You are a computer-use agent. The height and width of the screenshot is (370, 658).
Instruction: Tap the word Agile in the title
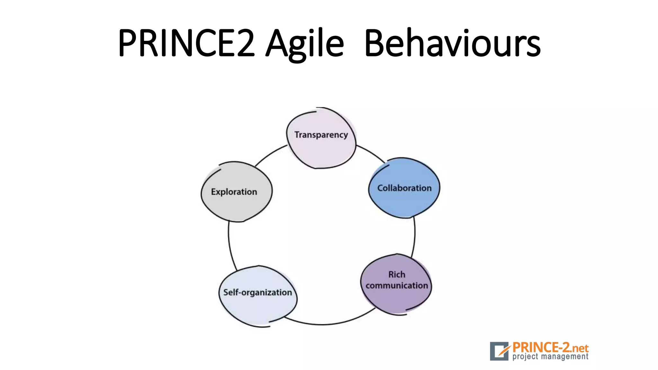click(305, 43)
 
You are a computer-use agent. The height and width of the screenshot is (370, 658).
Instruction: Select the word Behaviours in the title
click(452, 43)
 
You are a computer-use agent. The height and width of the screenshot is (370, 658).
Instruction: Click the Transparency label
click(321, 135)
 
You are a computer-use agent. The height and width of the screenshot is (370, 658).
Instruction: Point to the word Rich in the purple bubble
click(397, 275)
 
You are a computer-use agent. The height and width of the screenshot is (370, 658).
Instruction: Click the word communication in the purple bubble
click(397, 286)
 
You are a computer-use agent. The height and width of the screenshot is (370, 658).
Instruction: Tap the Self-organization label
click(257, 293)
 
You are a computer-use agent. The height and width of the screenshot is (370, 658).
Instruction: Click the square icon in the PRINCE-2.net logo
click(499, 351)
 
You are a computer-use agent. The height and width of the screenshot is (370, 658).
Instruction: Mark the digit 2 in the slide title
click(246, 43)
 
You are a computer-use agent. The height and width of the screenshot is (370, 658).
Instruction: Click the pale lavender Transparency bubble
click(321, 153)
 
